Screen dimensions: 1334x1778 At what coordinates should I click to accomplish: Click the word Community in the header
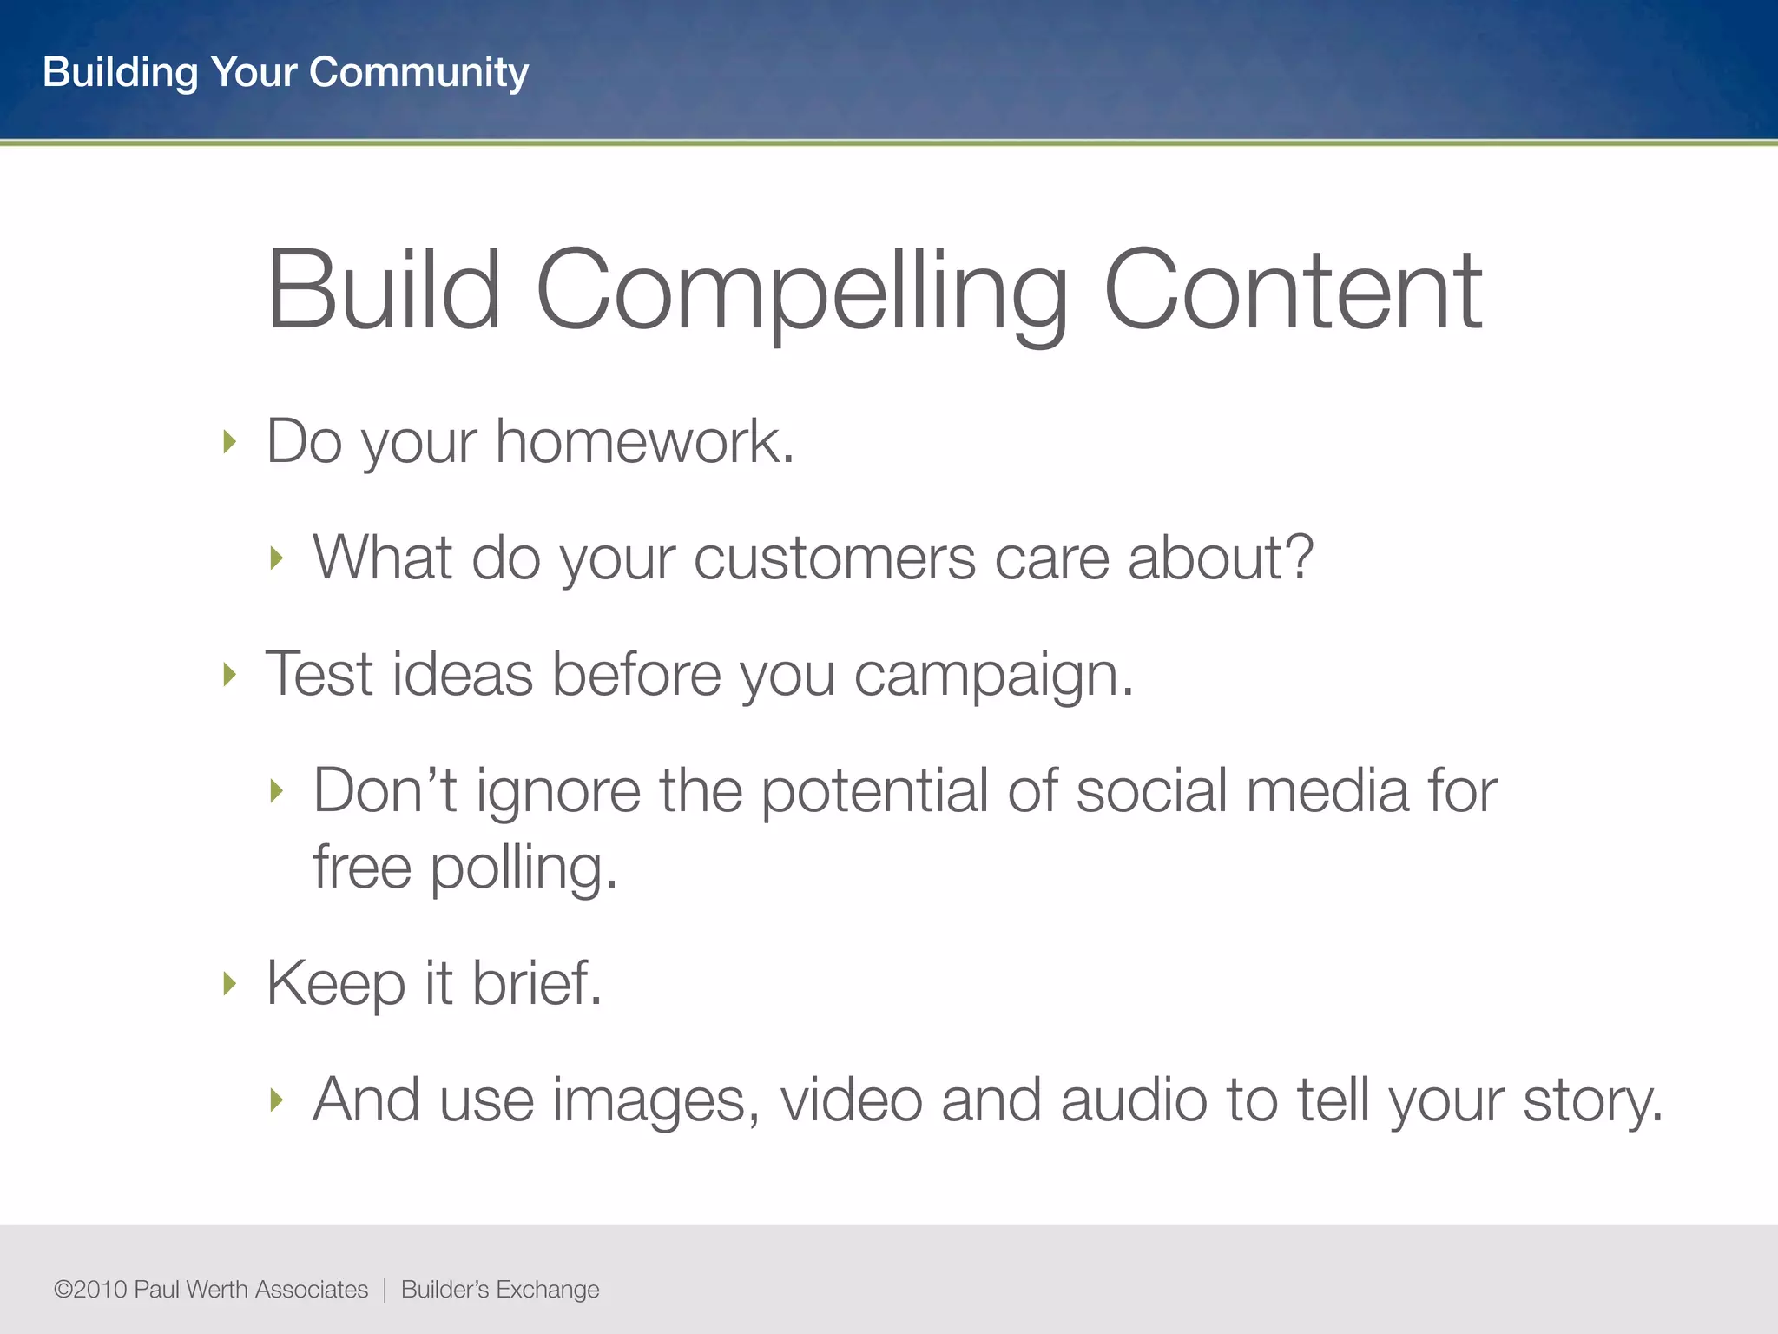(x=418, y=72)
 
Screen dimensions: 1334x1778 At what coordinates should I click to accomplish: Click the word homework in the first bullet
(x=644, y=441)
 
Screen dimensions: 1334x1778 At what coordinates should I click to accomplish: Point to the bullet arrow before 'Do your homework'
(x=229, y=442)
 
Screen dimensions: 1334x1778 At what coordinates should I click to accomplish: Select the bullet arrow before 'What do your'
(x=276, y=558)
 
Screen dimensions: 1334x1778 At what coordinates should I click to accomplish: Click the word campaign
(x=993, y=676)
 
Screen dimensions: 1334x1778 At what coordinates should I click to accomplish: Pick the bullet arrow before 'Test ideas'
(x=229, y=674)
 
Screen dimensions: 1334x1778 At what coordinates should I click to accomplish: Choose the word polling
(x=524, y=868)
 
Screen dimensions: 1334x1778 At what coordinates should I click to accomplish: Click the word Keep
(x=335, y=984)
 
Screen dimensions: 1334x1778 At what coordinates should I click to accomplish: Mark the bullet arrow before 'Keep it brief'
(x=229, y=984)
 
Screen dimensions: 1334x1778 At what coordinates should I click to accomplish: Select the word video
(x=851, y=1100)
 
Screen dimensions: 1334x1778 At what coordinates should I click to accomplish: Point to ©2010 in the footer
(x=90, y=1289)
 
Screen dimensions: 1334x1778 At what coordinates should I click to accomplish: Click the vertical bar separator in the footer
(x=385, y=1290)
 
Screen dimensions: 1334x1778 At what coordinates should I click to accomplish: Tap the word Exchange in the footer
(x=547, y=1290)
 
